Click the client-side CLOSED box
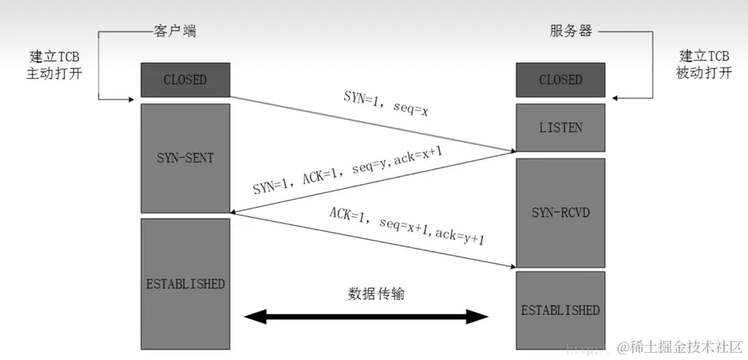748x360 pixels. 185,80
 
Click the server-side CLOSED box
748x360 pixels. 560,80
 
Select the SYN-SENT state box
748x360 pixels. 185,158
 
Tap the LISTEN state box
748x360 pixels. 560,126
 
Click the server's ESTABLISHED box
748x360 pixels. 560,309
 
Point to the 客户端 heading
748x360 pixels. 173,32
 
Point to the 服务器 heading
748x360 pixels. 570,32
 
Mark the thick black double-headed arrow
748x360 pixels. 367,317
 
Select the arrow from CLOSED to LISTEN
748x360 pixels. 371,124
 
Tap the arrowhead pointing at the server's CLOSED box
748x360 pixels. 616,99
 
